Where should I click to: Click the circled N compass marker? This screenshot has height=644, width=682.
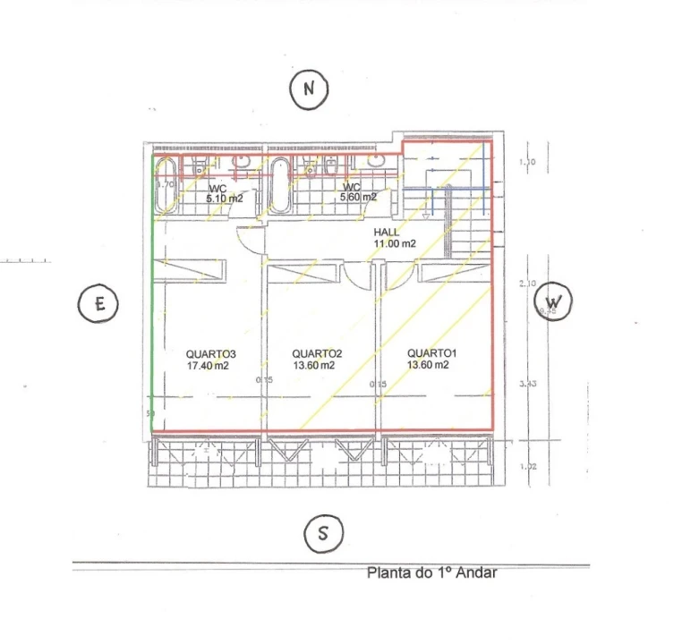click(310, 89)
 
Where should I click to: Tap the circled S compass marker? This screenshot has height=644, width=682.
click(322, 534)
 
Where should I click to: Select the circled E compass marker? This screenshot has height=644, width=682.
click(99, 304)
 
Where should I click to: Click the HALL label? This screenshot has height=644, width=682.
click(387, 232)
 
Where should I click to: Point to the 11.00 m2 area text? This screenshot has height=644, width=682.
click(395, 243)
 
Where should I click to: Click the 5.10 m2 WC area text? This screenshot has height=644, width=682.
click(225, 199)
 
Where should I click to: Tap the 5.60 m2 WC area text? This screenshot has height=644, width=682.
click(358, 197)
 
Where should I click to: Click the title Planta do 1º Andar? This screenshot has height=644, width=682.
click(431, 573)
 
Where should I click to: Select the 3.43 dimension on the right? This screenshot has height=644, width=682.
click(527, 386)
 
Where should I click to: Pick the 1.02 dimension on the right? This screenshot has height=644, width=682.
click(527, 467)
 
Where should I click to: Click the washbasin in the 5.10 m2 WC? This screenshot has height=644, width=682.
click(241, 163)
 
